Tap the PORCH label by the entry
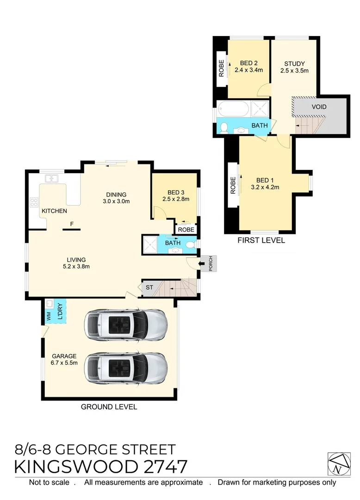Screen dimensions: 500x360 pos(211,264)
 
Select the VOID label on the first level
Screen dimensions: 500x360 pos(319,107)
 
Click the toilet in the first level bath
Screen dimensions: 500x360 pos(223,127)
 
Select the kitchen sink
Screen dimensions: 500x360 pos(51,178)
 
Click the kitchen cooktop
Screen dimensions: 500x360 pos(34,202)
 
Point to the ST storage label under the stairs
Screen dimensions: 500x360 pos(149,288)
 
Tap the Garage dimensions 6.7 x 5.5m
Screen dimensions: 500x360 pos(64,362)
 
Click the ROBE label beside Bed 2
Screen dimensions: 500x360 pos(221,69)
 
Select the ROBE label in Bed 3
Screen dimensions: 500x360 pos(186,229)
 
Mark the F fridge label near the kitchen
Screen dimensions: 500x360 pos(71,224)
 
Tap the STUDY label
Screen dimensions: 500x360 pos(295,64)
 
